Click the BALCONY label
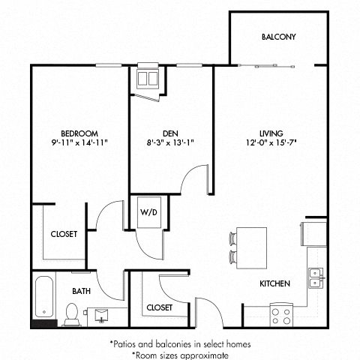(278, 37)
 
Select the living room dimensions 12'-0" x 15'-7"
(271, 142)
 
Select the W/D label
(148, 212)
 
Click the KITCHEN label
(275, 284)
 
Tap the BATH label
(82, 291)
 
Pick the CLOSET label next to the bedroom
(64, 235)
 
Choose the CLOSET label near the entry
(160, 307)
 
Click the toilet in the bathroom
(73, 314)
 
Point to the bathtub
(45, 297)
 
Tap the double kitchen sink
(316, 277)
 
